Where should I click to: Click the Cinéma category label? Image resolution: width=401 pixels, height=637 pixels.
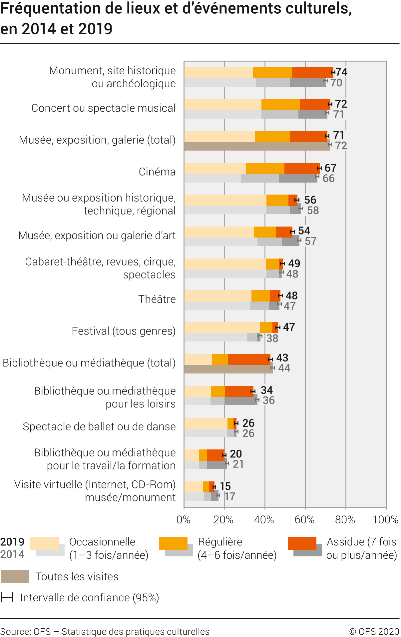(157, 172)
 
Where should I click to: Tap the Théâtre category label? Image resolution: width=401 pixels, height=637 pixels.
(157, 299)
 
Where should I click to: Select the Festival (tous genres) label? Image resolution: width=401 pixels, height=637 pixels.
(124, 331)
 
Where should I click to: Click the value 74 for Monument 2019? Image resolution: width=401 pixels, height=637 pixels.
(341, 72)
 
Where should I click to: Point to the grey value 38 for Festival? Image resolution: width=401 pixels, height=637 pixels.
(272, 338)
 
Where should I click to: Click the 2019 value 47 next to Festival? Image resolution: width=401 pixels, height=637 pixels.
(289, 327)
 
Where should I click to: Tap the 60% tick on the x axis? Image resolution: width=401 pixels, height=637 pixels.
(305, 520)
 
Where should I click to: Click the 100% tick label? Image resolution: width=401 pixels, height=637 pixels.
(385, 520)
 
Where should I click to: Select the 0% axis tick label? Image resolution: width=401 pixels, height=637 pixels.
(184, 520)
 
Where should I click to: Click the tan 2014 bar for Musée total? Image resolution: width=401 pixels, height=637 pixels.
(256, 147)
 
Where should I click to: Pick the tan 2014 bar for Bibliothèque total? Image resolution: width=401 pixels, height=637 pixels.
(228, 369)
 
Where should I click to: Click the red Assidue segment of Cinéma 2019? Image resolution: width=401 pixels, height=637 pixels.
(302, 169)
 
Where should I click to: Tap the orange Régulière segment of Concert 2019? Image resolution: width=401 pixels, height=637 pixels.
(280, 105)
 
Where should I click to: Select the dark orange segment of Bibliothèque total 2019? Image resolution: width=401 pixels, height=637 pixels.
(249, 360)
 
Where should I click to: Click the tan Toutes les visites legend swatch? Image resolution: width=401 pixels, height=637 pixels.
(15, 576)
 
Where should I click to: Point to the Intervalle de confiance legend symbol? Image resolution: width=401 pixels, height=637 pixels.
(7, 597)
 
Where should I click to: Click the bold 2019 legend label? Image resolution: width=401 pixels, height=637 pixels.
(12, 542)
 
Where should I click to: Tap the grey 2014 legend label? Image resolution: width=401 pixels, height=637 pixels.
(12, 554)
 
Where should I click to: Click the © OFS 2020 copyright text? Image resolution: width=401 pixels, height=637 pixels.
(374, 632)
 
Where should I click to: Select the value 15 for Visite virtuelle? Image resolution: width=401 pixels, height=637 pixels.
(225, 486)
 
